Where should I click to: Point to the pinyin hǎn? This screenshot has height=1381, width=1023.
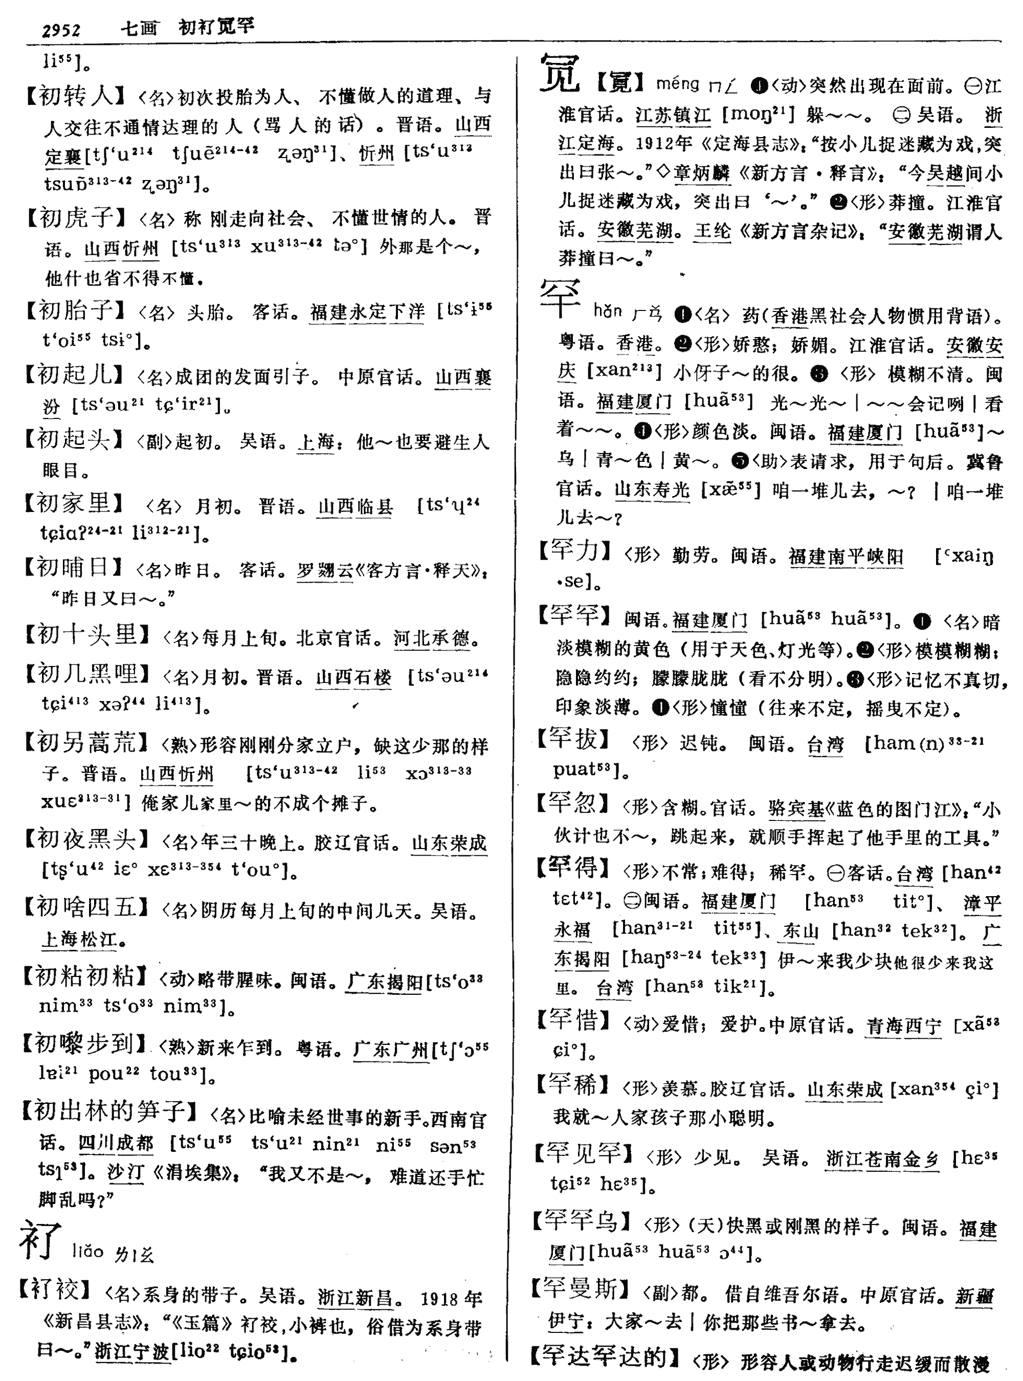click(x=607, y=311)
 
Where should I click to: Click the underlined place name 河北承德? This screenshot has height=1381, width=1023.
click(x=431, y=638)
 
